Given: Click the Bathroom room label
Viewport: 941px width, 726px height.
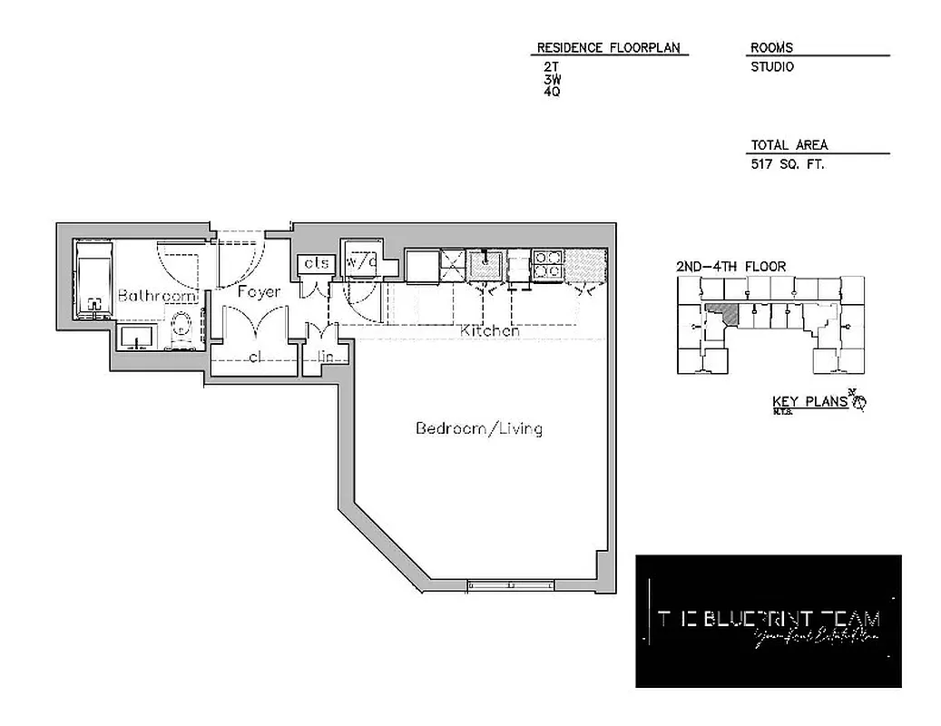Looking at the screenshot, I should point(158,296).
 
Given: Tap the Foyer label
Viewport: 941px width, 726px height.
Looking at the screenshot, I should point(259,292).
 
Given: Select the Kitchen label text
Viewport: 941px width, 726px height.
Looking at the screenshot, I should point(490,331).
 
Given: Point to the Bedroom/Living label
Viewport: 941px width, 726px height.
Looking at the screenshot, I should point(478,428).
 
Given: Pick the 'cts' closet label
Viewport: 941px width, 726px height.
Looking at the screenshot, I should point(316,263).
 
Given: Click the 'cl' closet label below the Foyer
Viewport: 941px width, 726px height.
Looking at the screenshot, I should point(255,357).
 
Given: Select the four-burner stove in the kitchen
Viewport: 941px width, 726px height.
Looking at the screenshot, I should point(547,263).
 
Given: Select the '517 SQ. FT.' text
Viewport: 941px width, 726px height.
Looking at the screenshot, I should point(787,165).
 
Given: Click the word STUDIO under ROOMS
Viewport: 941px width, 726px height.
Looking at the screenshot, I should point(772,67).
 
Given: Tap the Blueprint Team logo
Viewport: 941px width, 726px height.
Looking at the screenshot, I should point(768,621).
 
